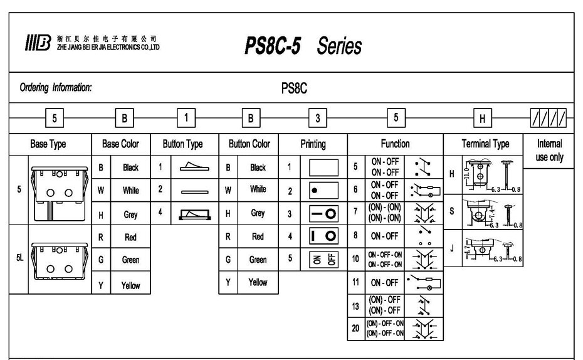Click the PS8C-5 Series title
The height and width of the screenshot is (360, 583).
303,46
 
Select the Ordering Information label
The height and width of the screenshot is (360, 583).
56,88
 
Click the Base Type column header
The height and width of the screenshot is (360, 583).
48,144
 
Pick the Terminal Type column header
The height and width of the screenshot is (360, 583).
485,144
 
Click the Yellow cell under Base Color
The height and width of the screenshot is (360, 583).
130,285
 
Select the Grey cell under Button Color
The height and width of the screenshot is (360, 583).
258,213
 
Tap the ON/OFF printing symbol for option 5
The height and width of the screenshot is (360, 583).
324,258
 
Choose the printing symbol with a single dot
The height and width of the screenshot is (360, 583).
324,191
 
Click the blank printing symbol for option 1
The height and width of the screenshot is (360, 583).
324,167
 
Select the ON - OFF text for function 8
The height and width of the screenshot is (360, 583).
384,236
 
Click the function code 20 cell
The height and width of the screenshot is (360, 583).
355,328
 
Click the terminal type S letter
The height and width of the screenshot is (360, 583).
451,211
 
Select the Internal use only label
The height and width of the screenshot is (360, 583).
549,151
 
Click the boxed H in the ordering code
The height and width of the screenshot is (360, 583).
482,117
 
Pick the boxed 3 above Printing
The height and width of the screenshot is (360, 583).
318,117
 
